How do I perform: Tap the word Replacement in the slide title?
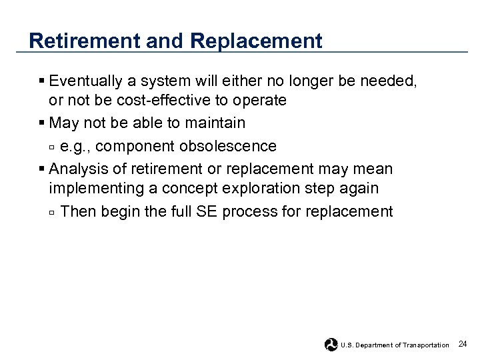[256, 41]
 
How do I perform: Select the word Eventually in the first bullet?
[86, 81]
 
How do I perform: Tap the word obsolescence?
[229, 146]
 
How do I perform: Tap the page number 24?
[463, 344]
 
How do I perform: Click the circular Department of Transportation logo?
[331, 345]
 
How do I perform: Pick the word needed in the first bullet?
[393, 81]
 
